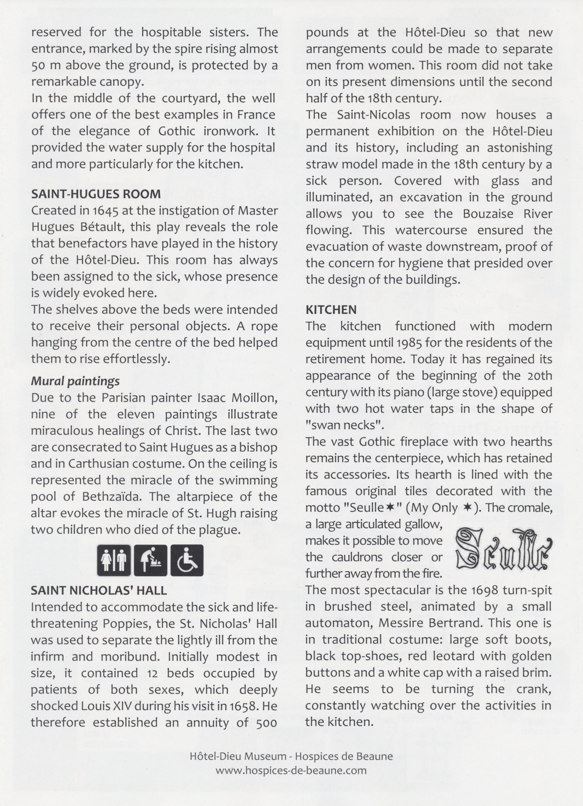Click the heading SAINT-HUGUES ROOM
pos(96,194)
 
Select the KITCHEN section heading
pos(331,310)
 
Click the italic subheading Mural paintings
pos(75,381)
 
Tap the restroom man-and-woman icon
pos(114,560)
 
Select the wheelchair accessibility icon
pos(187,560)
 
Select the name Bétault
pos(105,227)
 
